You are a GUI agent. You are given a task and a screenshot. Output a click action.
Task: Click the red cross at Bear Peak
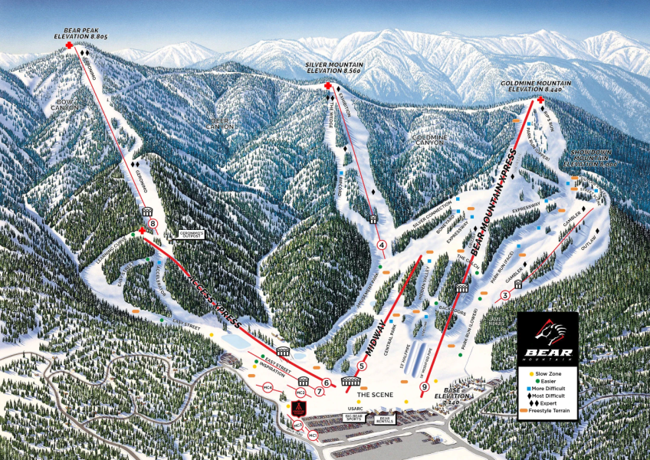pyautogui.click(x=69, y=46)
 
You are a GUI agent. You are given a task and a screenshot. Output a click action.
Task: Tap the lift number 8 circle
pyautogui.click(x=153, y=224)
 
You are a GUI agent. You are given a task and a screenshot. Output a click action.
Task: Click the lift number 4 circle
pyautogui.click(x=381, y=245)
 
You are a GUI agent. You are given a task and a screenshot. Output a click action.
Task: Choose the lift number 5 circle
pyautogui.click(x=362, y=366)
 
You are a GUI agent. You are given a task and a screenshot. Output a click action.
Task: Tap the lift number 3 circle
pyautogui.click(x=504, y=295)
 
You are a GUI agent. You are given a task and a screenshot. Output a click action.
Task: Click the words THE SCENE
pyautogui.click(x=373, y=394)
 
